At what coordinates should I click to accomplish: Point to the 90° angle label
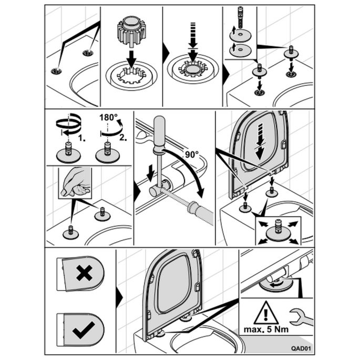191,156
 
